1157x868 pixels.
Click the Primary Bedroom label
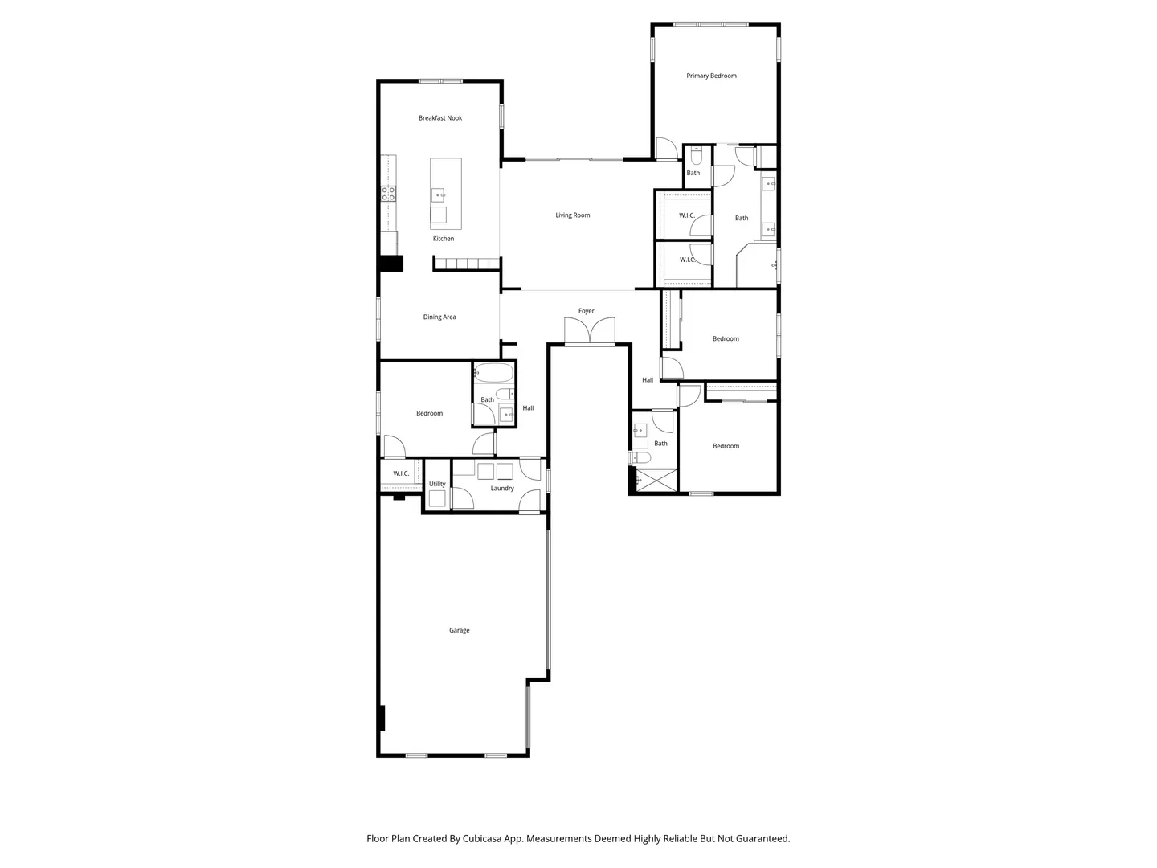point(711,76)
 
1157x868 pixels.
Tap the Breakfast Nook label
point(440,118)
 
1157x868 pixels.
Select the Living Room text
point(572,215)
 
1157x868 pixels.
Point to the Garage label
point(459,630)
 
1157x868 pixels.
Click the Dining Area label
point(439,317)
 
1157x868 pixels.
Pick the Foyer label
point(587,311)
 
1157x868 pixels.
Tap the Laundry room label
point(502,489)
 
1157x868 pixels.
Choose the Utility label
point(437,484)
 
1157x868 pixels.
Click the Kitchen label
point(444,239)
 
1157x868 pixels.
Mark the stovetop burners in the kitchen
point(388,194)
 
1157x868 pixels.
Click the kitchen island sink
point(439,195)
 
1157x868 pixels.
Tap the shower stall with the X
point(656,481)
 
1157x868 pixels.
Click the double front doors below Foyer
point(589,330)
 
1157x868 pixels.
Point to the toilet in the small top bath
point(697,156)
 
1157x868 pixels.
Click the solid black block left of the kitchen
point(391,264)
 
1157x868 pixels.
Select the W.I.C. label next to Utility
point(401,474)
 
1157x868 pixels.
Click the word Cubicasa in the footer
point(482,839)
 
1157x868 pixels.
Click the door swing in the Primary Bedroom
point(666,148)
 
